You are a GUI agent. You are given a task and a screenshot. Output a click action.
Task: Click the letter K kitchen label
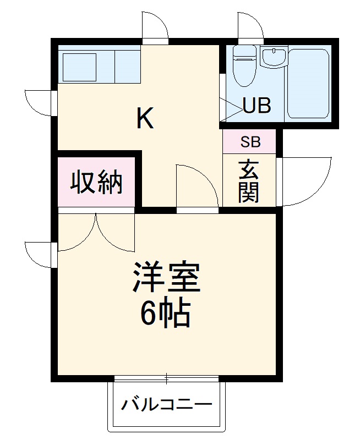145,117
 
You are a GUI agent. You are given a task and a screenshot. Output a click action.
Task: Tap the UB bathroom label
257,106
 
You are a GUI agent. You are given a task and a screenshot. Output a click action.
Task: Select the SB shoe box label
250,142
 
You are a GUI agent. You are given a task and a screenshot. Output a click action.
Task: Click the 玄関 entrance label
249,181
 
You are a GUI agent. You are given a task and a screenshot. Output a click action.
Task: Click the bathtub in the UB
308,82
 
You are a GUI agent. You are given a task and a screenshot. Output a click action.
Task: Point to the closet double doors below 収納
96,231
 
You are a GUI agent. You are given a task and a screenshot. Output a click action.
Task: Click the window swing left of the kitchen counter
40,102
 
